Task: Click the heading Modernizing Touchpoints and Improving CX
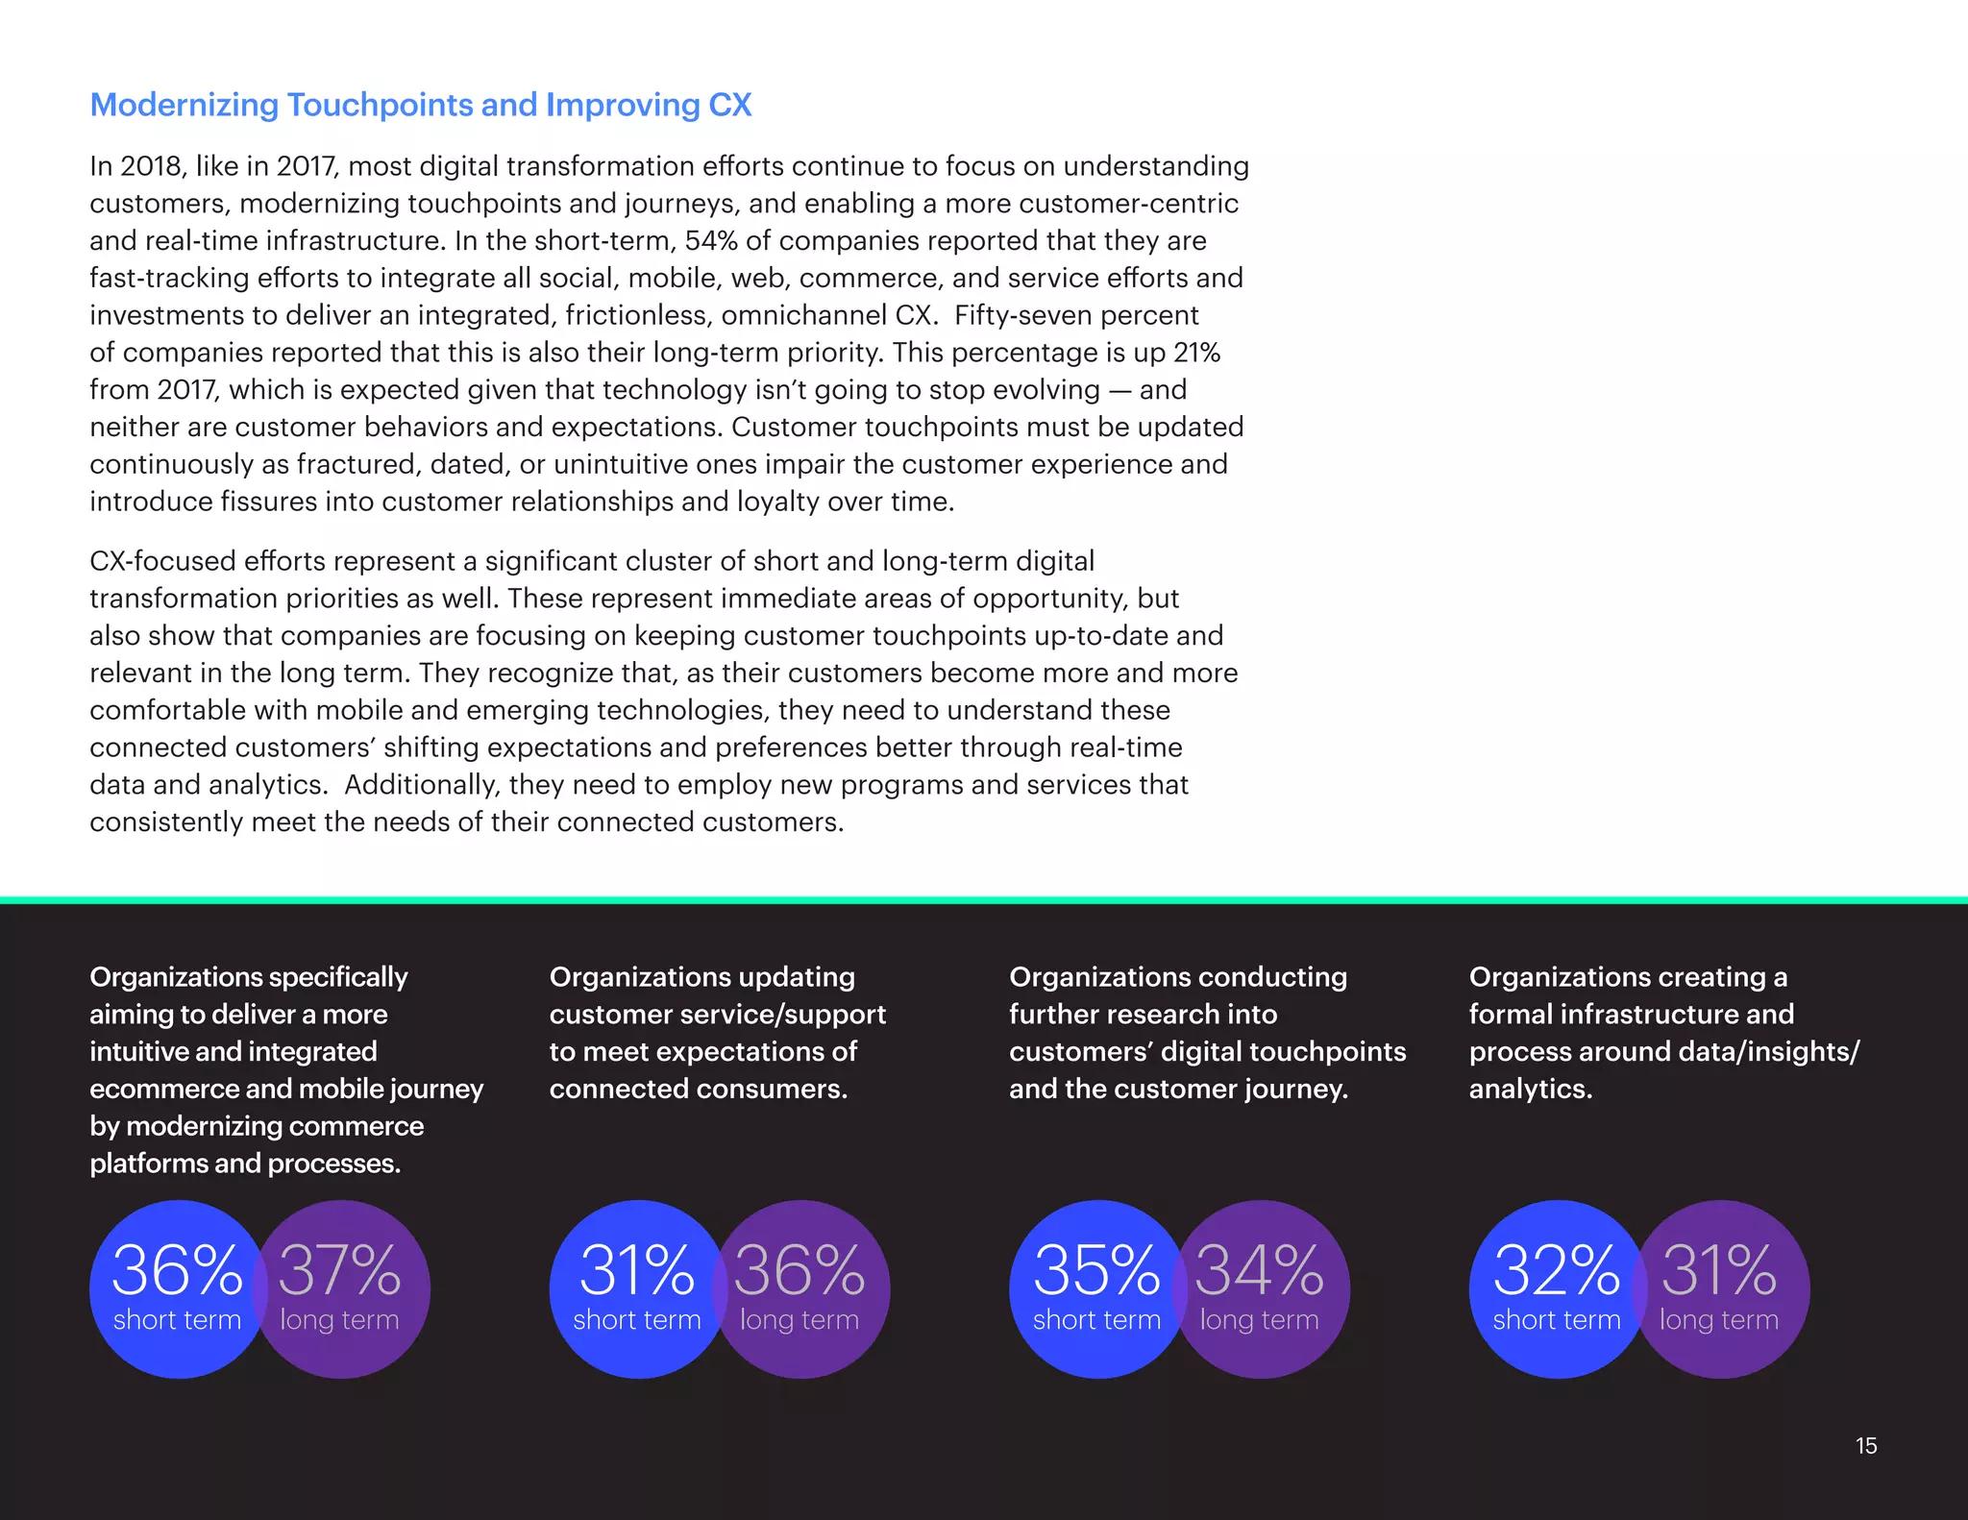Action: [420, 105]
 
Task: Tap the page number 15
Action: [1865, 1446]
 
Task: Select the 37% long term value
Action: [339, 1271]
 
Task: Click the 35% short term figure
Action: [1096, 1271]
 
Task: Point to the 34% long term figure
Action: [1259, 1271]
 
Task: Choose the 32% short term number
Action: [1556, 1271]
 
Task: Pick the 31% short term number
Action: [636, 1271]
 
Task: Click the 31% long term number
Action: [1718, 1271]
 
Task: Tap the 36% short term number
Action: [177, 1271]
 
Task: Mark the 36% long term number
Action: [799, 1271]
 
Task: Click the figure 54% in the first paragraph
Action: [710, 240]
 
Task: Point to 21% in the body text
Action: [1196, 353]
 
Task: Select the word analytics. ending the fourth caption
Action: [1530, 1089]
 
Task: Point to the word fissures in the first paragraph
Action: [268, 502]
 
